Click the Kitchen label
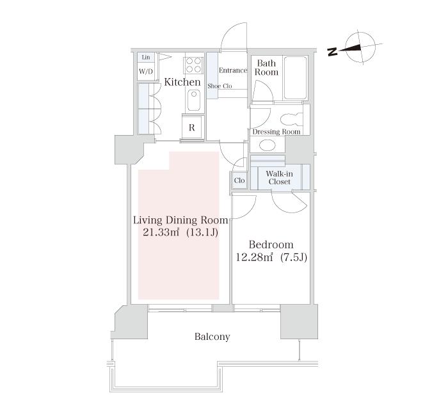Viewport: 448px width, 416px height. click(x=182, y=83)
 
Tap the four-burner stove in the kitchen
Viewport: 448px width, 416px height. click(x=194, y=65)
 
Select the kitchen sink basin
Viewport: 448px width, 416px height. click(x=194, y=100)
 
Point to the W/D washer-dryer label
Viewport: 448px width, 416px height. click(x=146, y=71)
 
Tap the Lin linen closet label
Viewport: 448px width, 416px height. click(x=146, y=57)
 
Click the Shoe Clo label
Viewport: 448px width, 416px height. click(x=220, y=86)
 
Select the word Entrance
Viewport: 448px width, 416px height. click(x=232, y=70)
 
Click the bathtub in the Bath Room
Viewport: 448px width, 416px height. click(x=295, y=77)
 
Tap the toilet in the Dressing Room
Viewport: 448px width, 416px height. click(x=291, y=119)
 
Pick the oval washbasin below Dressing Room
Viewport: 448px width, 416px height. click(x=268, y=145)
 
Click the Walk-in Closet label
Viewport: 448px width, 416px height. click(x=280, y=178)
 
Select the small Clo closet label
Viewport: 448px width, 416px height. click(x=239, y=180)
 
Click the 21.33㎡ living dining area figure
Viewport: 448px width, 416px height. click(x=161, y=232)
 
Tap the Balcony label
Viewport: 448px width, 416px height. click(x=212, y=337)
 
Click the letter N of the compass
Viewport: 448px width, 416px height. click(x=332, y=52)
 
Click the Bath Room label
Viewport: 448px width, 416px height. click(x=266, y=67)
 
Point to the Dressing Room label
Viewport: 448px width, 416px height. click(x=276, y=132)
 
